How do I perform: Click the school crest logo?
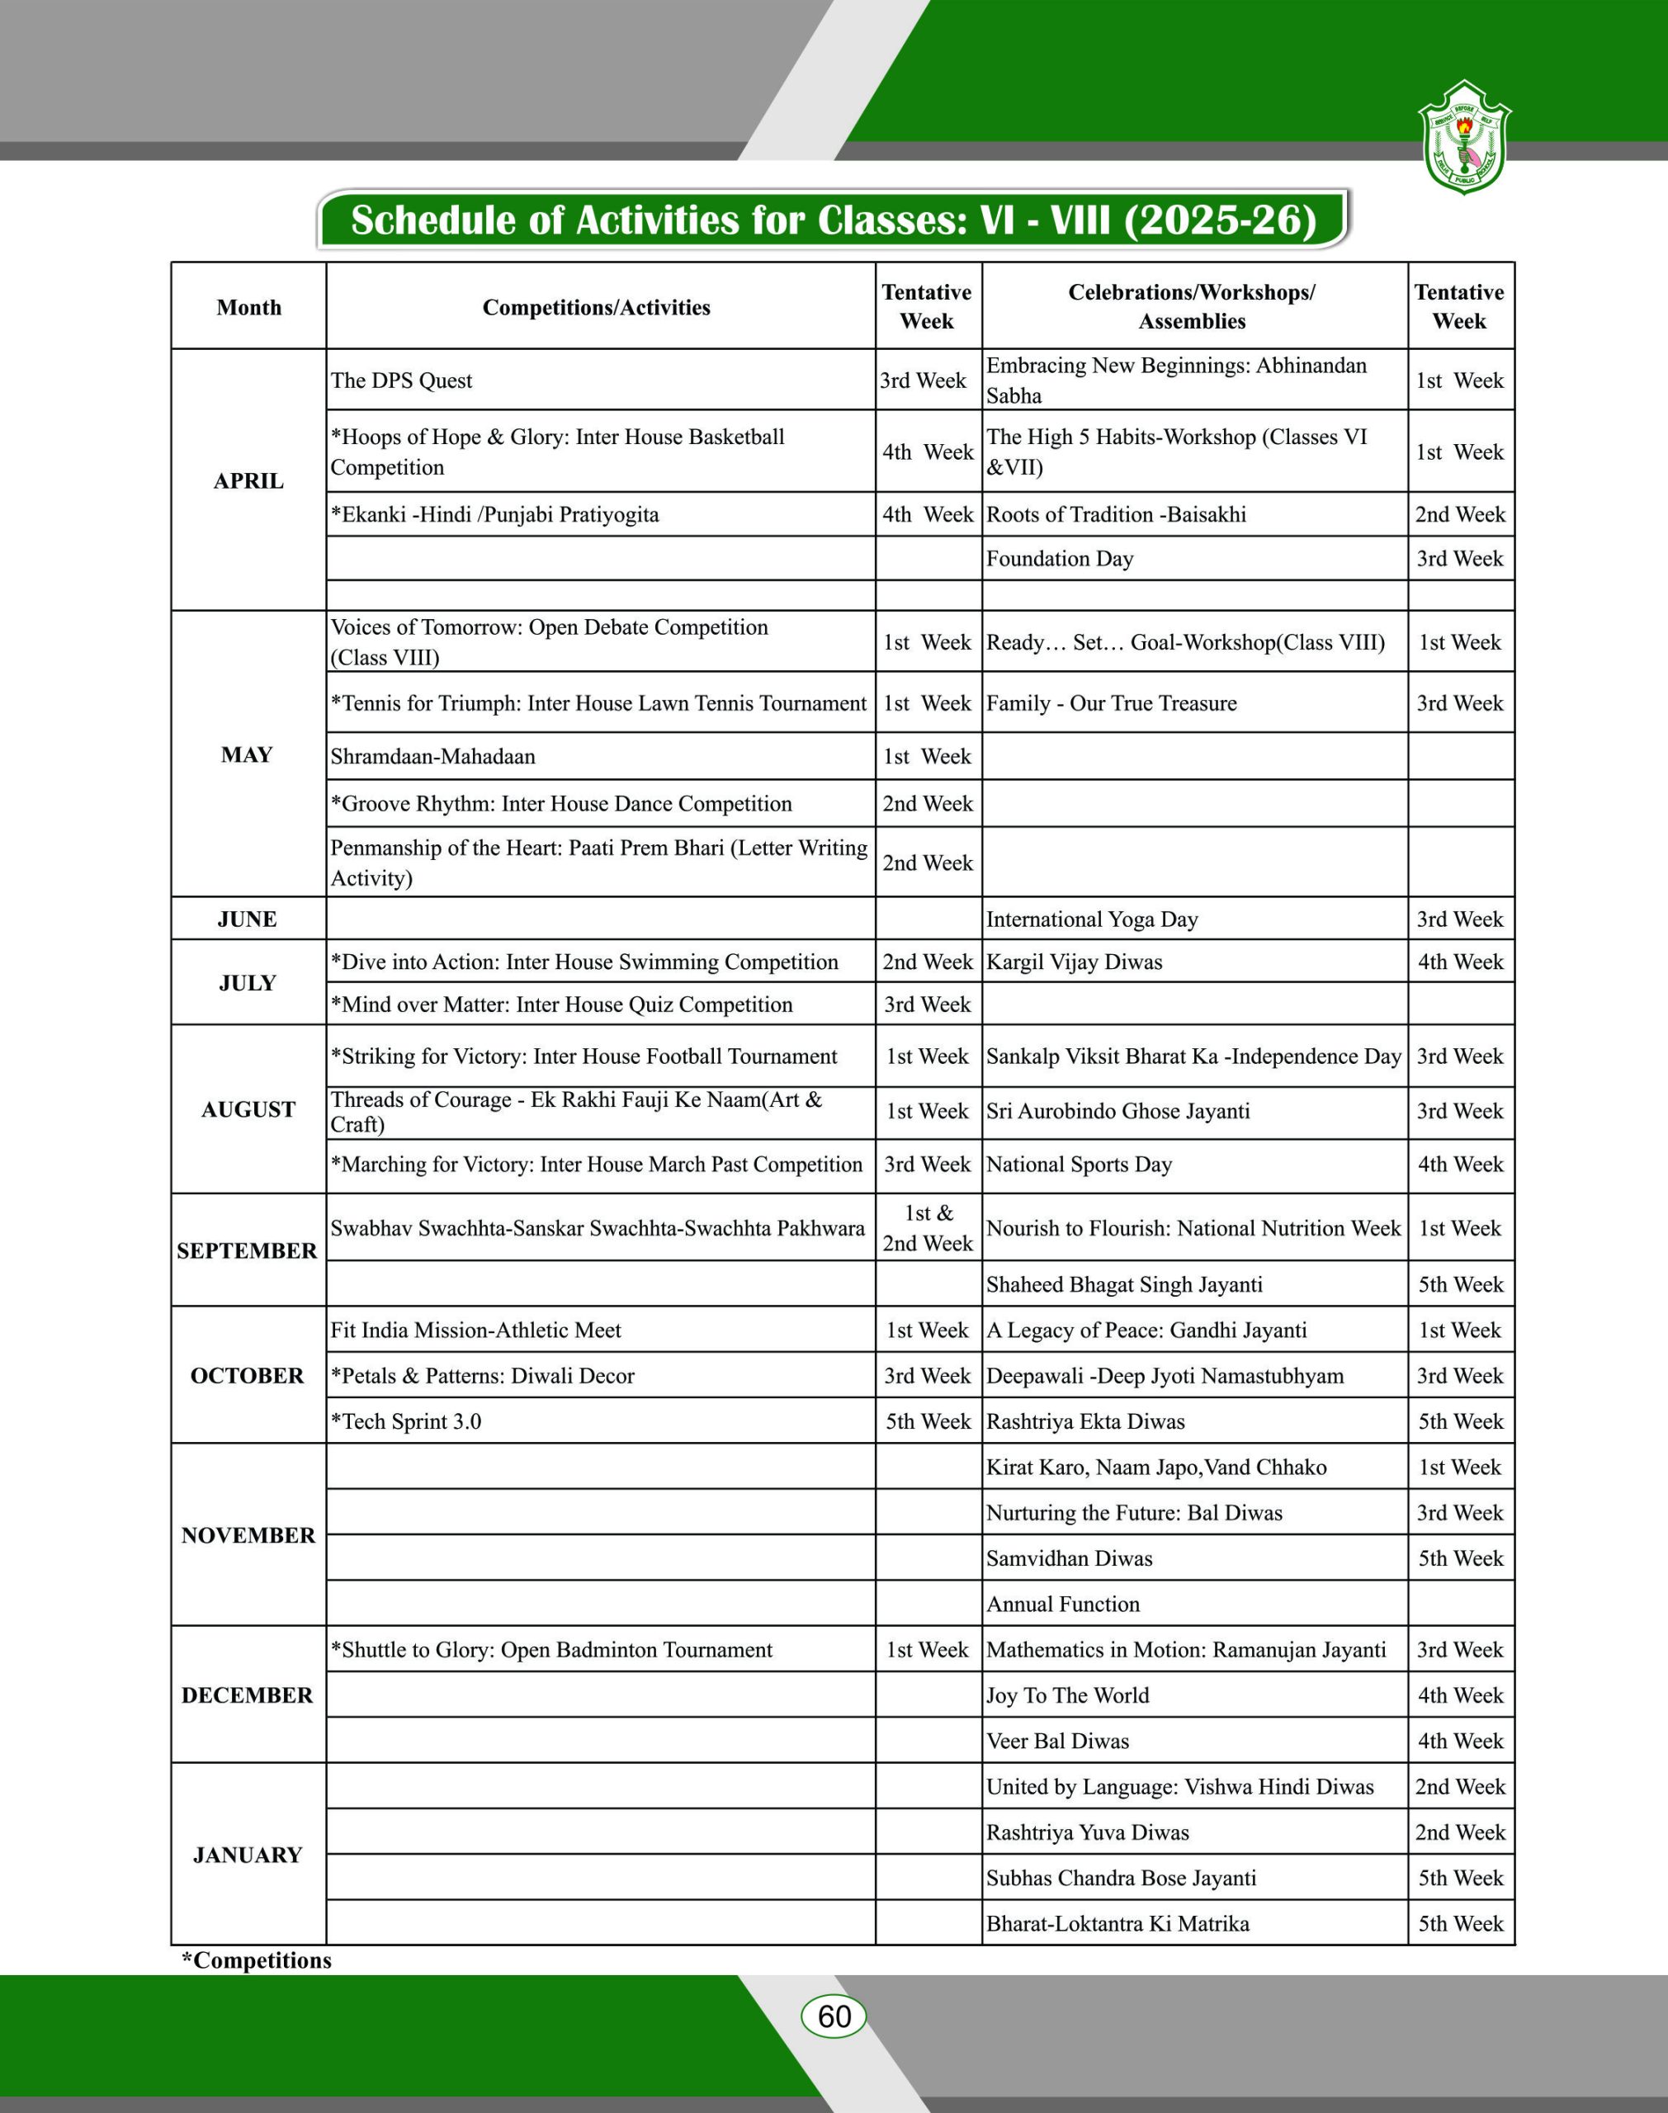[1463, 137]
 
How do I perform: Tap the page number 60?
[833, 2016]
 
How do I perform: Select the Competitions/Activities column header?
[596, 308]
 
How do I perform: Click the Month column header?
[249, 308]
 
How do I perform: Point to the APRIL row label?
[249, 480]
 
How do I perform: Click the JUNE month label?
[247, 919]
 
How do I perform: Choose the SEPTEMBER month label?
[247, 1250]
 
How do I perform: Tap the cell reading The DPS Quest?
[401, 381]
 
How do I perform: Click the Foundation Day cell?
[1060, 559]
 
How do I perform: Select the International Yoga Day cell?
[1092, 919]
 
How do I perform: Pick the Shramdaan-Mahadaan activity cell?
[432, 756]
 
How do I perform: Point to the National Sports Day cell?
[1079, 1164]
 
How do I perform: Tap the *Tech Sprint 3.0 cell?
[406, 1420]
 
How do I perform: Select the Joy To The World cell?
[1067, 1695]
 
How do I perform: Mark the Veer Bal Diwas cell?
[1057, 1740]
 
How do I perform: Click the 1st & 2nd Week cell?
[928, 1228]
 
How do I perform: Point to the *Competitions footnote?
[257, 1959]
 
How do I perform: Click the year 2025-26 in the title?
[1220, 220]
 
